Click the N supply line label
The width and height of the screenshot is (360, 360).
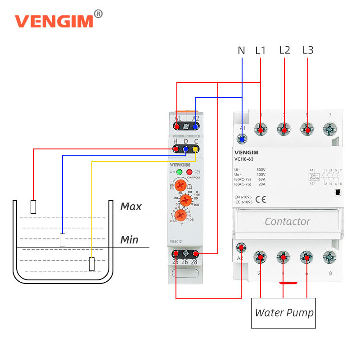click(241, 50)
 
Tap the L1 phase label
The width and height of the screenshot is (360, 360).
click(261, 50)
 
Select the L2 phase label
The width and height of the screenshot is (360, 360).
click(284, 50)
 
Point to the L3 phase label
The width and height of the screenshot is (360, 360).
click(308, 50)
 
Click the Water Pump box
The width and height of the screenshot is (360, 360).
click(283, 313)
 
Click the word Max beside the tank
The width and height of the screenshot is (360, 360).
click(131, 207)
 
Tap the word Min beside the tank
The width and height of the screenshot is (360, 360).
click(129, 240)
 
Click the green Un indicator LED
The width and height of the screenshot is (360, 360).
click(179, 172)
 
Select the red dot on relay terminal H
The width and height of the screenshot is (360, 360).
click(176, 148)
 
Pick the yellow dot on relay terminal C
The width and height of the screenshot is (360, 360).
click(195, 148)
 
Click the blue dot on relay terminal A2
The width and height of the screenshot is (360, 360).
click(195, 126)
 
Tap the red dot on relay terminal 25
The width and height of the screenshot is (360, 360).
click(176, 255)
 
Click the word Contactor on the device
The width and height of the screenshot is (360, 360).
click(287, 221)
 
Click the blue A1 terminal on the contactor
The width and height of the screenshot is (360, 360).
click(243, 139)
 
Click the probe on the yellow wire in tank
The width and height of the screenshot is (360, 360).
click(92, 264)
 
